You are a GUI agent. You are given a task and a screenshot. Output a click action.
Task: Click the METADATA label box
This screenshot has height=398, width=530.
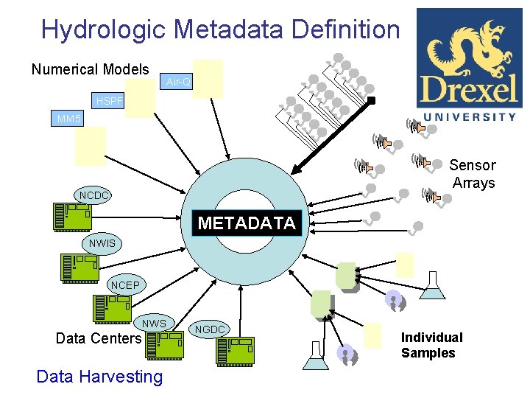pyautogui.click(x=247, y=223)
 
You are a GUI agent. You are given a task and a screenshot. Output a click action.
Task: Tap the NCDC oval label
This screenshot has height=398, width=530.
pyautogui.click(x=95, y=195)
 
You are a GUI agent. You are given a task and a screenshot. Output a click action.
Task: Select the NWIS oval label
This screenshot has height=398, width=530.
pyautogui.click(x=102, y=242)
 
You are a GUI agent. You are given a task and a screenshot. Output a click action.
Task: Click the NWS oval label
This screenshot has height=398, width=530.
pyautogui.click(x=154, y=324)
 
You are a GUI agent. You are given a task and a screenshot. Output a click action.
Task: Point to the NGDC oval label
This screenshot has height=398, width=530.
pyautogui.click(x=211, y=329)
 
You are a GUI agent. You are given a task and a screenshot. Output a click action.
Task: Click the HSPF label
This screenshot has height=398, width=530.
pyautogui.click(x=110, y=100)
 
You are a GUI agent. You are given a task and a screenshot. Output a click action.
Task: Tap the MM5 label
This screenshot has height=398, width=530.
pyautogui.click(x=70, y=119)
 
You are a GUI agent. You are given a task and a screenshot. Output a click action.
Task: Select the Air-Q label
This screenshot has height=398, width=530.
pyautogui.click(x=179, y=82)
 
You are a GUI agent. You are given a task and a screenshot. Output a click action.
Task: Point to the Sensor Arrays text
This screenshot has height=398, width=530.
pyautogui.click(x=473, y=174)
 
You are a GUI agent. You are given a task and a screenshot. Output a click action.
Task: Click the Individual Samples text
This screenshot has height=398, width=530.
pyautogui.click(x=431, y=345)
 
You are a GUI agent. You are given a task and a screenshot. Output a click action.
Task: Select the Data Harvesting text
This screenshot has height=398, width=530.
pyautogui.click(x=99, y=377)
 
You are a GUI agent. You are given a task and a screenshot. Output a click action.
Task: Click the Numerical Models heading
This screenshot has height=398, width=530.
pyautogui.click(x=90, y=69)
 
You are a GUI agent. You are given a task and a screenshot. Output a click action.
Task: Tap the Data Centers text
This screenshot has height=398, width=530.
pyautogui.click(x=99, y=338)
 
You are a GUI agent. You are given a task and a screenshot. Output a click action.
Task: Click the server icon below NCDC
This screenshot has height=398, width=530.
pyautogui.click(x=72, y=216)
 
